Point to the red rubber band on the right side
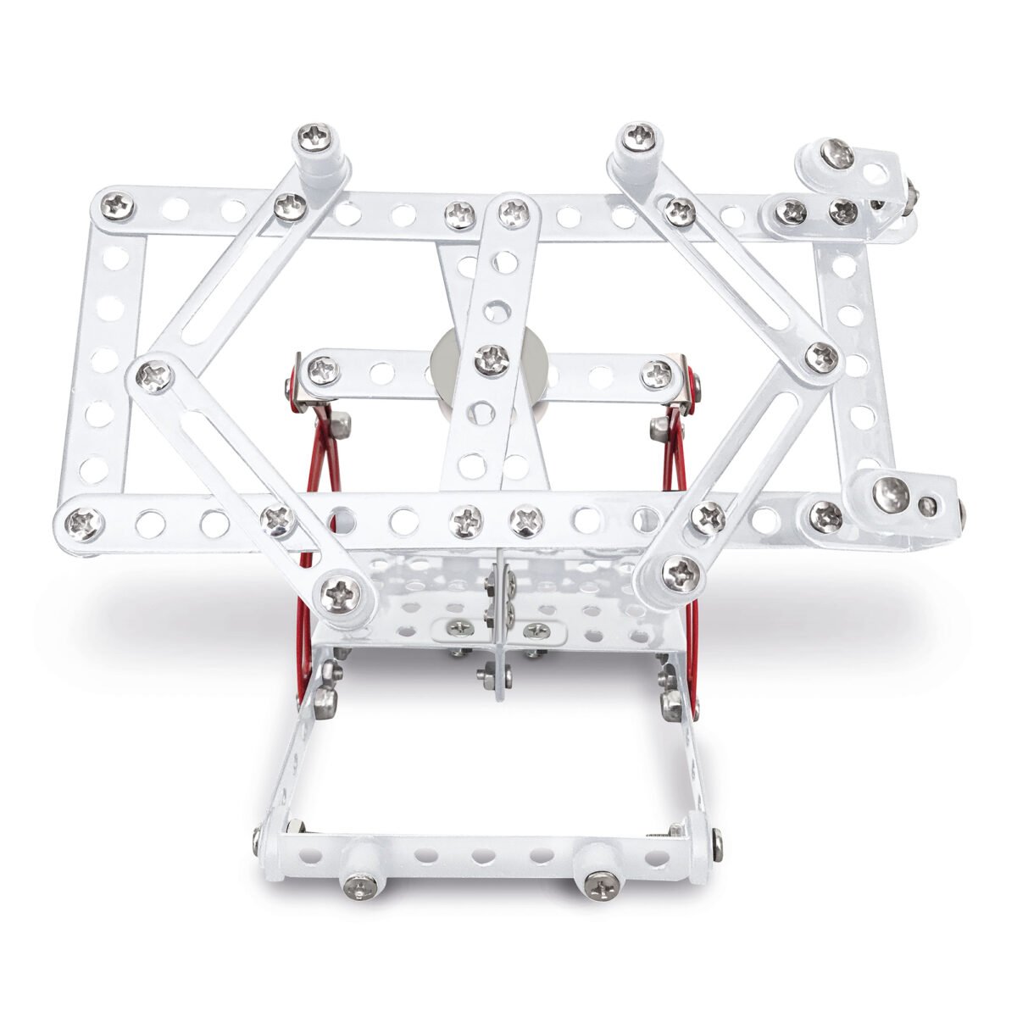(678, 458)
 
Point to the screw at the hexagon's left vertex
(154, 371)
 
